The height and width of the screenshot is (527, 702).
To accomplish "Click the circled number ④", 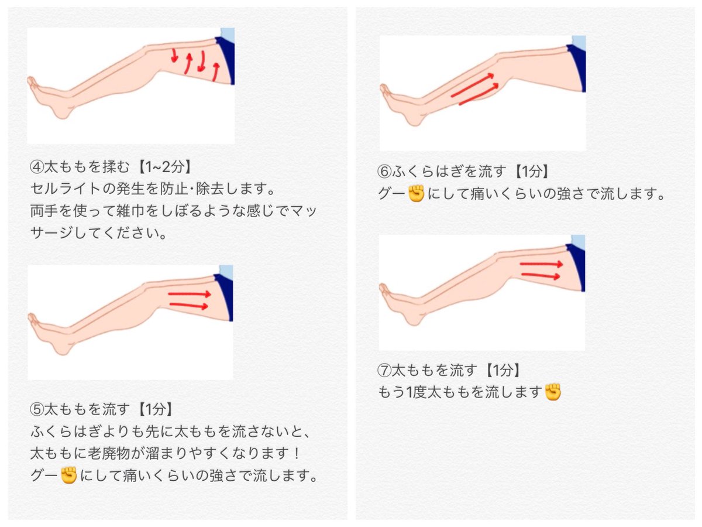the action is [x=36, y=167].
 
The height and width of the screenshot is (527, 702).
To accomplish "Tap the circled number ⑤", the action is [x=36, y=409].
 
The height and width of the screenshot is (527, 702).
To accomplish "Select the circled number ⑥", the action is [x=384, y=171].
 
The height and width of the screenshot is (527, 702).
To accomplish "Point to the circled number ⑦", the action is [x=384, y=370].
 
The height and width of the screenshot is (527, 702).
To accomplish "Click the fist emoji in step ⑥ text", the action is [x=416, y=193].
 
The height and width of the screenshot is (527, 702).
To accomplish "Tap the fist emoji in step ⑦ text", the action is [x=553, y=392].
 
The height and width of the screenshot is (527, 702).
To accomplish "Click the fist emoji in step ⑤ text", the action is [x=69, y=475].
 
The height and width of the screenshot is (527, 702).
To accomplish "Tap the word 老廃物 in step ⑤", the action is [x=108, y=453].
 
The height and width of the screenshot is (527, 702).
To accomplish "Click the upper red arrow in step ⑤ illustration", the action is [x=190, y=294].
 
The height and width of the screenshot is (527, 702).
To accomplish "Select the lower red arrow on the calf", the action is [x=479, y=94].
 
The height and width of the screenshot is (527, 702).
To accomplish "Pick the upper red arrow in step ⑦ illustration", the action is [x=541, y=264].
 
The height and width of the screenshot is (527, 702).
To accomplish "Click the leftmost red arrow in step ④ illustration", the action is [x=174, y=56].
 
